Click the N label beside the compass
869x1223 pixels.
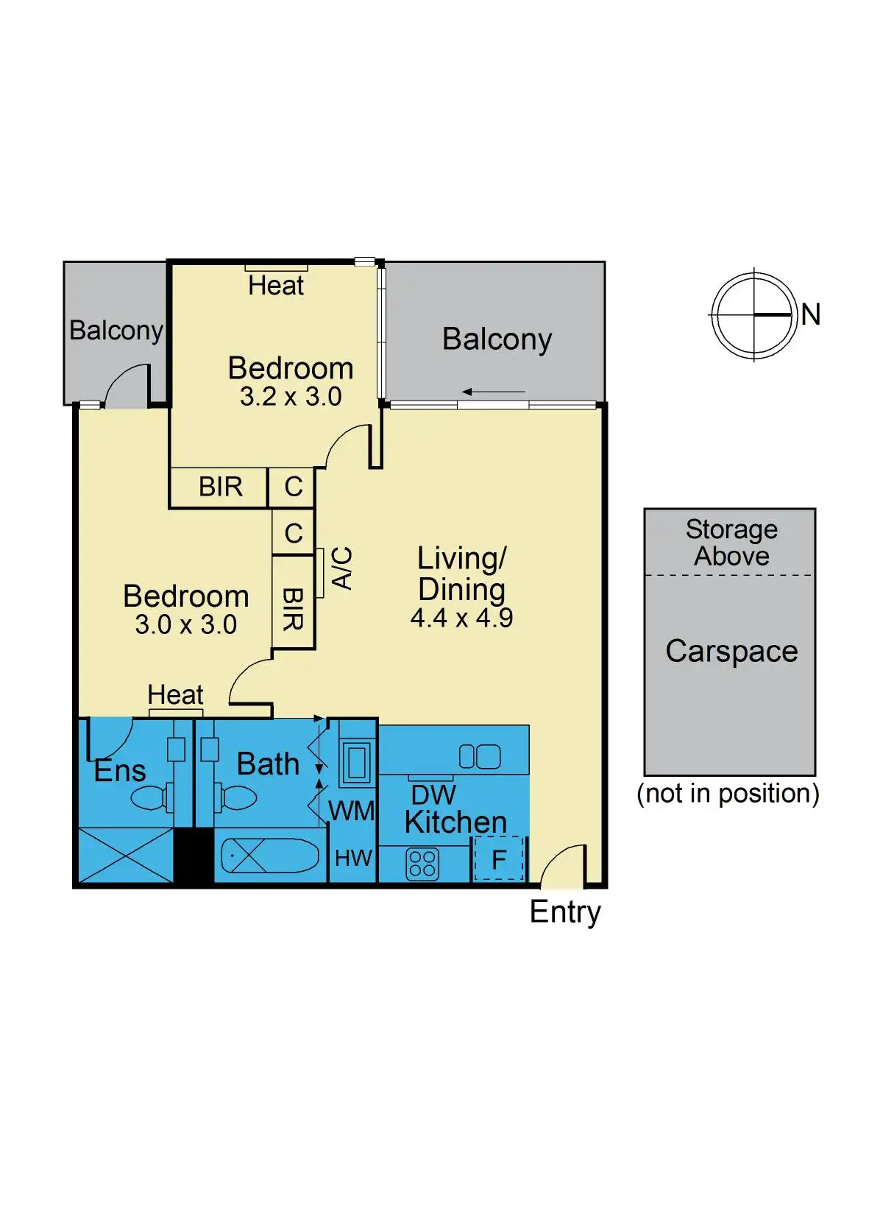[810, 315]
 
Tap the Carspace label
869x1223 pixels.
[731, 651]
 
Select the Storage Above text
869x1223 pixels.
[731, 543]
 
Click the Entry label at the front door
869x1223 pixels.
[565, 912]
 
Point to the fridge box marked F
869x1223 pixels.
[499, 859]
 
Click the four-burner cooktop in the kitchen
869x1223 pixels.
[422, 864]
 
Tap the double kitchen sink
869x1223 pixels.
[480, 756]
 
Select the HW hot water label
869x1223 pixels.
[353, 858]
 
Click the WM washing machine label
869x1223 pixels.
[352, 811]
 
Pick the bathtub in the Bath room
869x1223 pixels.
[270, 856]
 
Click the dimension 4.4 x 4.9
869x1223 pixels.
[461, 618]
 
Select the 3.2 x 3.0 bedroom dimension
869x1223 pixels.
[291, 397]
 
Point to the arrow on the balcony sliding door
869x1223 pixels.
[493, 392]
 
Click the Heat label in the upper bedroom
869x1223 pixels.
[276, 286]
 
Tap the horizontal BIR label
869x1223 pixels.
[220, 487]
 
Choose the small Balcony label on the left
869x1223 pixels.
[116, 331]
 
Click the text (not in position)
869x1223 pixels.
[728, 794]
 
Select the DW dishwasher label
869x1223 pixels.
[433, 795]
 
